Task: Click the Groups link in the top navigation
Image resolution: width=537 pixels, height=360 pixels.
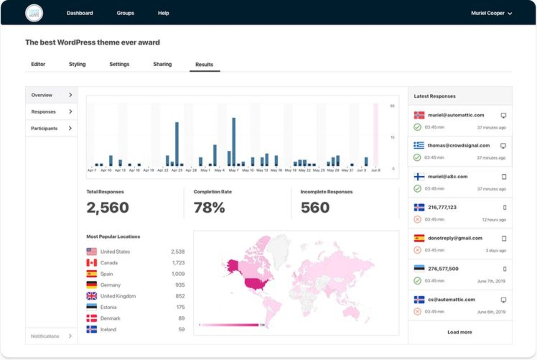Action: tap(125, 13)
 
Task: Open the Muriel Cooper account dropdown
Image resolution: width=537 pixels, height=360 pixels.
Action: tap(491, 13)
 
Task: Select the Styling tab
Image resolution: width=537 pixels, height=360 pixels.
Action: tap(77, 64)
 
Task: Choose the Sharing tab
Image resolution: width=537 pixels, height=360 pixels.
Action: tap(162, 64)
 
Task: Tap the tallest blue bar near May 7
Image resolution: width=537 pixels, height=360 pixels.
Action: tap(234, 141)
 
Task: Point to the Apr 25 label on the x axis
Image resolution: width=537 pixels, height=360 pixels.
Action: tap(177, 170)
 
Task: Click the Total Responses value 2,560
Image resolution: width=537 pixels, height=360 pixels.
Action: tap(108, 207)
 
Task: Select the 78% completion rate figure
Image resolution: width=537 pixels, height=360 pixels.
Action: tap(209, 207)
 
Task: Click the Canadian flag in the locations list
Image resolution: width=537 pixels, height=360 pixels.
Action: tap(91, 263)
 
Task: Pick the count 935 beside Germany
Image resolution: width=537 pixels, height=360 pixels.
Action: tap(180, 285)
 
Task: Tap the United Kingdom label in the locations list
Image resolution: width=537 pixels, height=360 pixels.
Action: tap(118, 296)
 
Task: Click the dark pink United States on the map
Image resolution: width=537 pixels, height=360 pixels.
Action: tap(255, 284)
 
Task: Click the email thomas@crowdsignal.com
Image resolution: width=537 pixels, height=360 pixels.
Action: tap(458, 146)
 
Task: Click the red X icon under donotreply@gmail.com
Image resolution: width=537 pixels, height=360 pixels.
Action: tap(417, 250)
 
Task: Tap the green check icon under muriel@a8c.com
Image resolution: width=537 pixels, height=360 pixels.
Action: tap(417, 189)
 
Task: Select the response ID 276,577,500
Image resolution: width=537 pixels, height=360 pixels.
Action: tap(443, 269)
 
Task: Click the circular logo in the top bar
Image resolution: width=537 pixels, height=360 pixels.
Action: tap(34, 13)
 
